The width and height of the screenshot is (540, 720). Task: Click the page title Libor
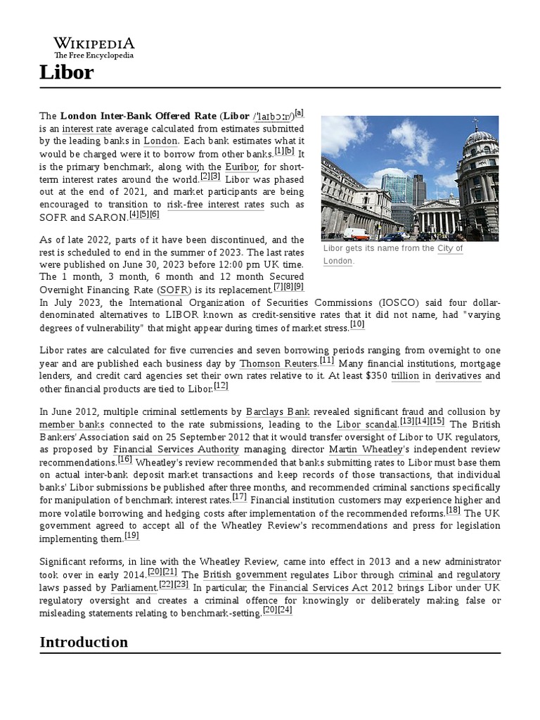66,72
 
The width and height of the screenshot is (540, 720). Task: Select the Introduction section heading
84,641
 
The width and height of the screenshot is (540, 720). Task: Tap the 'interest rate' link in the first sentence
86,129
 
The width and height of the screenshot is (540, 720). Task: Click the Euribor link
241,167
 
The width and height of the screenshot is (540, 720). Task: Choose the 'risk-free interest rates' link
215,205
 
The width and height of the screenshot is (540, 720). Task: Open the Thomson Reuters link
278,364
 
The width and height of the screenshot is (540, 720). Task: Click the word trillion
405,376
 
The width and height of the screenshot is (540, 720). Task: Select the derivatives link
458,376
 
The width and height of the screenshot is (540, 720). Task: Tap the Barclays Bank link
277,412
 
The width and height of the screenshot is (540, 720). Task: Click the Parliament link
133,587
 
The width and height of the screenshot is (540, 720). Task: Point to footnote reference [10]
357,325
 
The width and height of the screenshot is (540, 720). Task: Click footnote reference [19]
131,536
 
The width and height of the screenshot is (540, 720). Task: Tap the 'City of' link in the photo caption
450,249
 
